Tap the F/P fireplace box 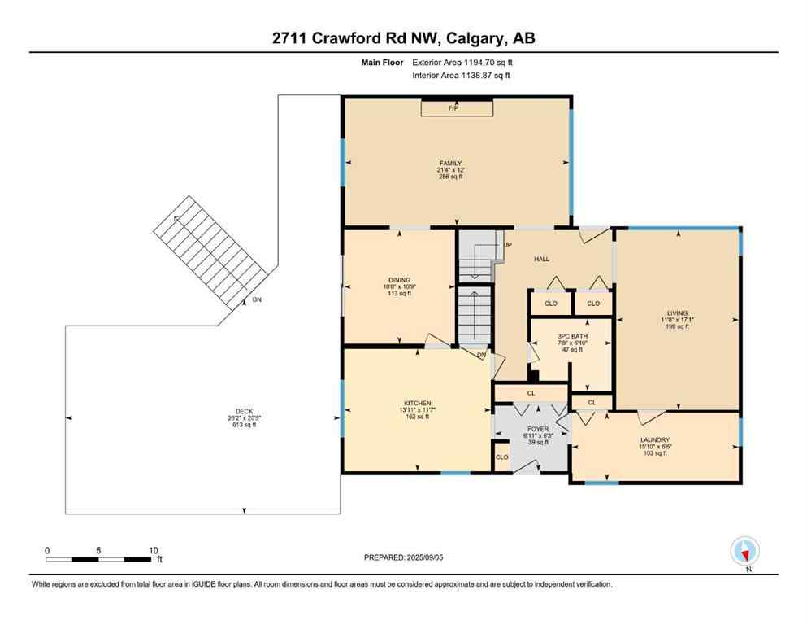pyautogui.click(x=456, y=108)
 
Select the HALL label pyautogui.click(x=541, y=259)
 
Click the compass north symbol pyautogui.click(x=744, y=552)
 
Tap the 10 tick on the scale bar pyautogui.click(x=154, y=550)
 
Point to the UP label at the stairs pyautogui.click(x=507, y=244)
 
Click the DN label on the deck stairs pyautogui.click(x=257, y=300)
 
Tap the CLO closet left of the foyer pyautogui.click(x=502, y=457)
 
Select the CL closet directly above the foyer pyautogui.click(x=531, y=393)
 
